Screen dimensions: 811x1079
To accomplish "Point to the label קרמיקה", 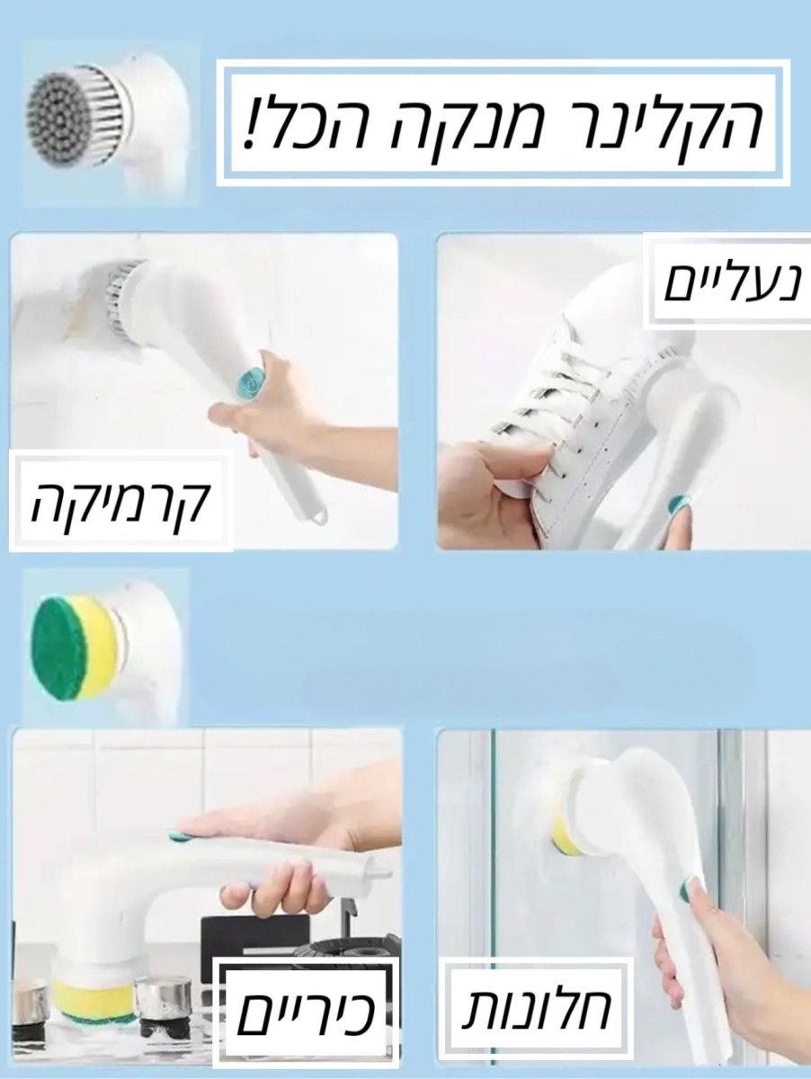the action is coord(120,504).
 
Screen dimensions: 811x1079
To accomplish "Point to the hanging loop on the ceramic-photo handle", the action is coord(315,517).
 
